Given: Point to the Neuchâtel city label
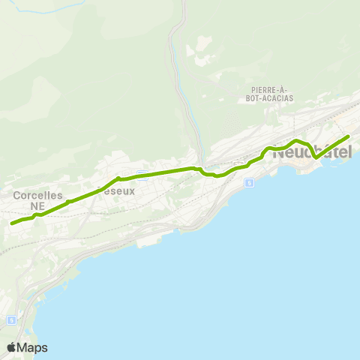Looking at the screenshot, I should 312,152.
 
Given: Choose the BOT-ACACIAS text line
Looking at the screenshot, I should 266,98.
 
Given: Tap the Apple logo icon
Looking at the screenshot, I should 12,347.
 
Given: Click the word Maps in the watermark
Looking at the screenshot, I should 34,347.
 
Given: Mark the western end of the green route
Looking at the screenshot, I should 11,223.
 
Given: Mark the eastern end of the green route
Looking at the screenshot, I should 349,136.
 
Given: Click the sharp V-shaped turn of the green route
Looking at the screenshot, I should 316,157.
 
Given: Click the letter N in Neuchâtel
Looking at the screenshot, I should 279,152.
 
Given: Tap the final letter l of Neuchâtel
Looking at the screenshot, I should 349,152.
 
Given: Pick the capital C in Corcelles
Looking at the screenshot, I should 16,195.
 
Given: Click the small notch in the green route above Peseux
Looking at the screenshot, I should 118,178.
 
